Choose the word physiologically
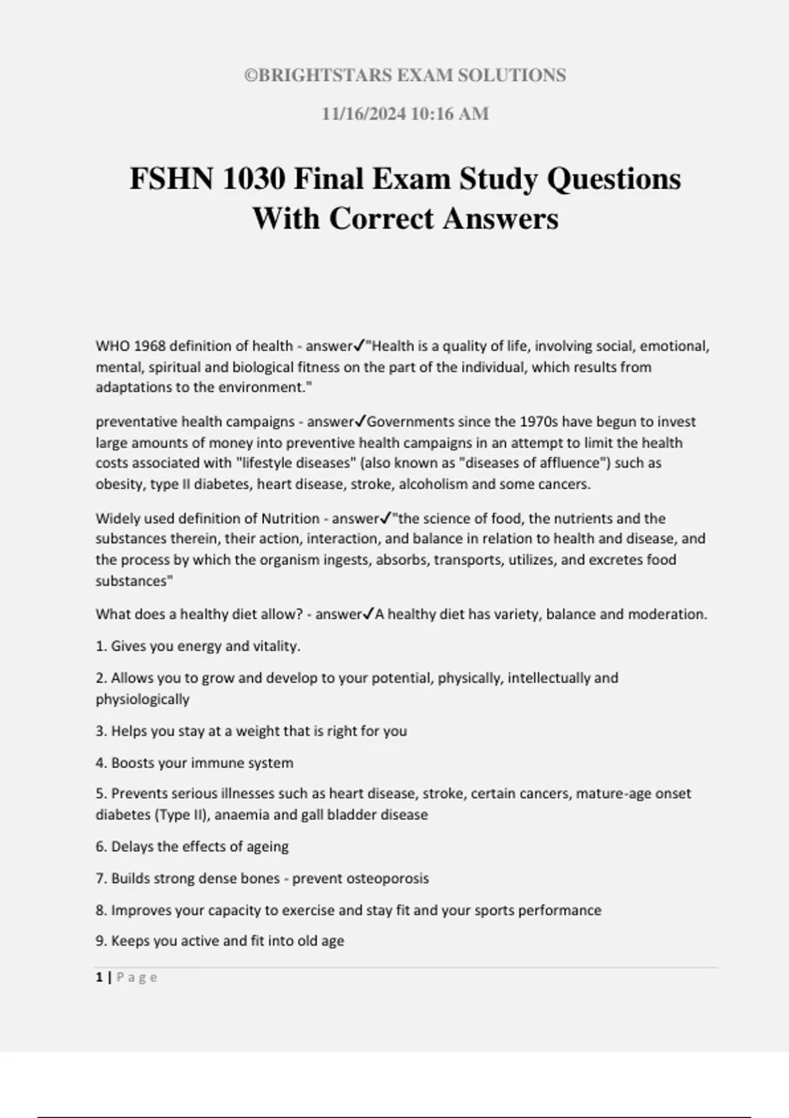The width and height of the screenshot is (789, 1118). (143, 699)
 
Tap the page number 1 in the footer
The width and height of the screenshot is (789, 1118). (99, 978)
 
